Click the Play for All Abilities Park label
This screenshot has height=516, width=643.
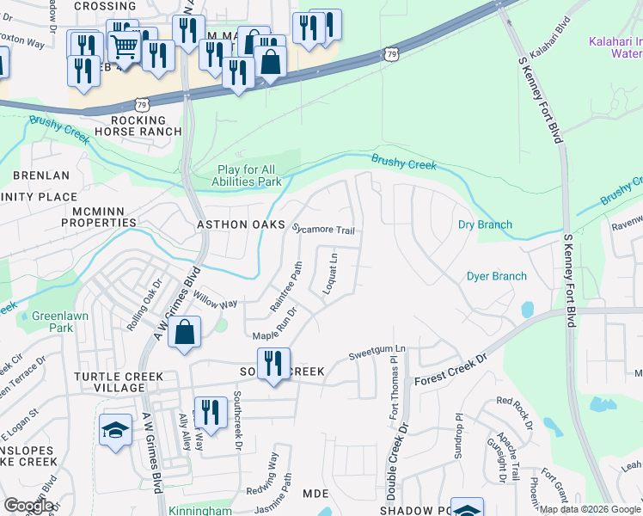(x=248, y=176)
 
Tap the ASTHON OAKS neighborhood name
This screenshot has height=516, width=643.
(x=241, y=224)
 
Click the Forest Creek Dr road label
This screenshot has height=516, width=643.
(x=450, y=368)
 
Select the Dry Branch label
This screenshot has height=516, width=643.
(x=485, y=224)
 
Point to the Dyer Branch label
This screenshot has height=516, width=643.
(x=496, y=276)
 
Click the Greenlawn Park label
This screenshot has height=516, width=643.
(x=52, y=322)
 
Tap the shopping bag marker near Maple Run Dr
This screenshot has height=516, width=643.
(x=185, y=333)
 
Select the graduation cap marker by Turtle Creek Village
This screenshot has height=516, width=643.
(x=114, y=431)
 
